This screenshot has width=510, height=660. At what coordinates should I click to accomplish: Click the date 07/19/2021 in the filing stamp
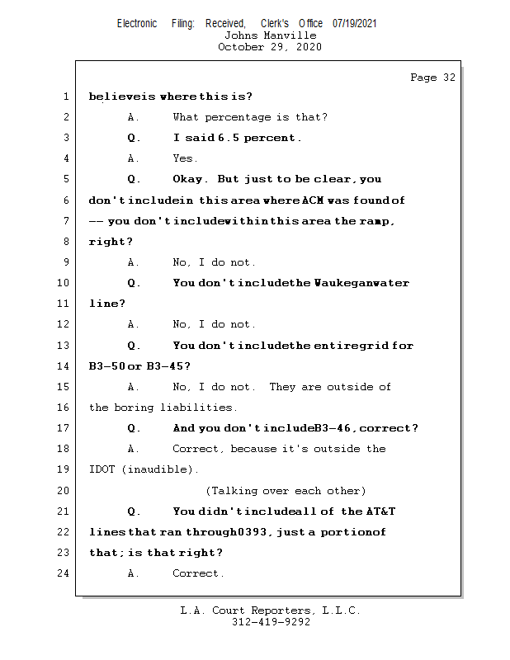(354, 24)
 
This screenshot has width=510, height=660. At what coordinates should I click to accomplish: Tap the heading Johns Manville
(270, 35)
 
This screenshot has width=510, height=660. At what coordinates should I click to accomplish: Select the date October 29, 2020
(270, 47)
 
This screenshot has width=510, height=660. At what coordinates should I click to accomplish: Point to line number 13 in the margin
(64, 346)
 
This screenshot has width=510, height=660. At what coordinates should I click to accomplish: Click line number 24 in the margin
(64, 573)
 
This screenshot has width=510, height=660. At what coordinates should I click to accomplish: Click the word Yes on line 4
(184, 158)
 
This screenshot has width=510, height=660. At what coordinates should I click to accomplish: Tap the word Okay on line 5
(191, 179)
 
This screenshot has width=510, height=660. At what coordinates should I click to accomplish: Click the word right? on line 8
(111, 242)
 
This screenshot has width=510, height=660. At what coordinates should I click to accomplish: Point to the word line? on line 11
(107, 304)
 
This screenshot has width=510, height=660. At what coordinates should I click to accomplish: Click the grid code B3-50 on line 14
(106, 366)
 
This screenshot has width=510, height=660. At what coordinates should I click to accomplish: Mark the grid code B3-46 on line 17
(334, 428)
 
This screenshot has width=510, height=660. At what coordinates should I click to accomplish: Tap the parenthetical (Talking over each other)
(286, 490)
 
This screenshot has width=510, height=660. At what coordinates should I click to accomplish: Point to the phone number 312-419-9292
(270, 622)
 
